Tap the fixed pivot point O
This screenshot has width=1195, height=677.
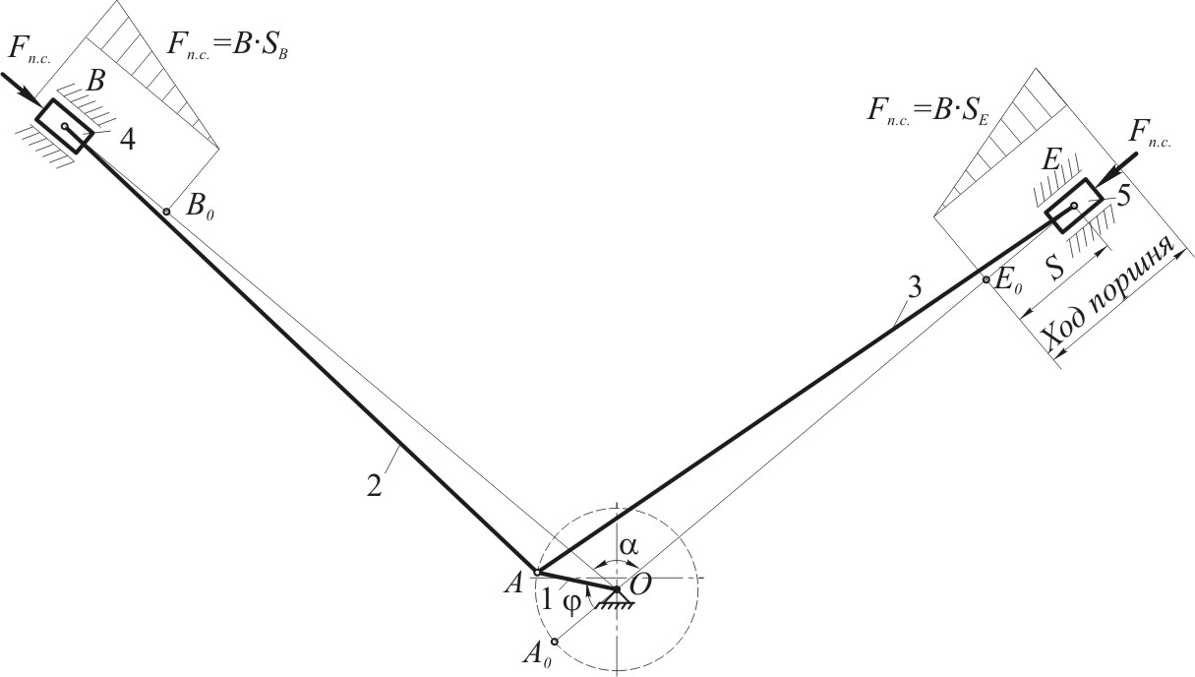[x=617, y=588]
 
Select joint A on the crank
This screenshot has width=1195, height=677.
[x=537, y=573]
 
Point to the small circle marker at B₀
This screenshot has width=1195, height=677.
[x=167, y=212]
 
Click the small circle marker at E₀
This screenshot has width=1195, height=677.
[x=986, y=279]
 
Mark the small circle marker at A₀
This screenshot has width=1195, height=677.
[x=555, y=642]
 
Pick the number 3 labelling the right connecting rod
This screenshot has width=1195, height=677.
[x=914, y=289]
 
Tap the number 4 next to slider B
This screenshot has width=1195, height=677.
[x=128, y=140]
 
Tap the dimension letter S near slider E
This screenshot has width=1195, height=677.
[x=1055, y=267]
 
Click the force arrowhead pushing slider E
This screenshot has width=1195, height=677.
[x=1105, y=179]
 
